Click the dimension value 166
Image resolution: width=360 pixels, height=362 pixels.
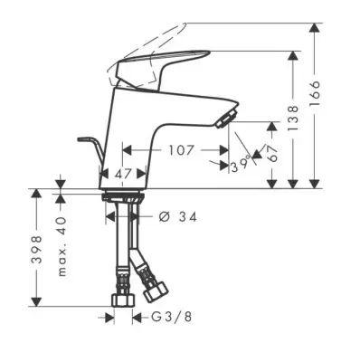[x=315, y=93]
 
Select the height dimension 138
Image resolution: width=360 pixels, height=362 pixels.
[x=293, y=119]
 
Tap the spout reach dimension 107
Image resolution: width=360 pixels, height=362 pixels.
[x=181, y=150]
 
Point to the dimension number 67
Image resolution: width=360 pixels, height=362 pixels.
[x=272, y=154]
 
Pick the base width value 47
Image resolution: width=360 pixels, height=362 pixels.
[x=124, y=174]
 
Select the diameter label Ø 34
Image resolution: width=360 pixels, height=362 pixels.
[x=178, y=216]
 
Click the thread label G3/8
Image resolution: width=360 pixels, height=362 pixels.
[x=171, y=317]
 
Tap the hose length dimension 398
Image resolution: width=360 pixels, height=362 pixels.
[x=36, y=250]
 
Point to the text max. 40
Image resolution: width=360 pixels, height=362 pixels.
[x=62, y=246]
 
